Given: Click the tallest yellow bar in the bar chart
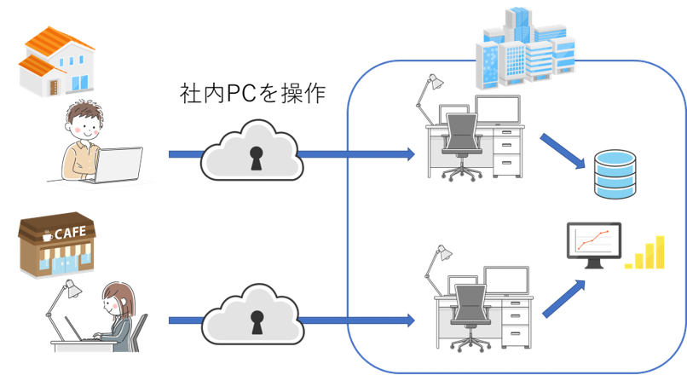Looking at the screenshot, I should [659, 251].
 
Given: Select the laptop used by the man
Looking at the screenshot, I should [119, 165].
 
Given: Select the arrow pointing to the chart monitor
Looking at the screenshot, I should [563, 295].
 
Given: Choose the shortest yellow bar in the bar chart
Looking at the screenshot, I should [628, 265].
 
